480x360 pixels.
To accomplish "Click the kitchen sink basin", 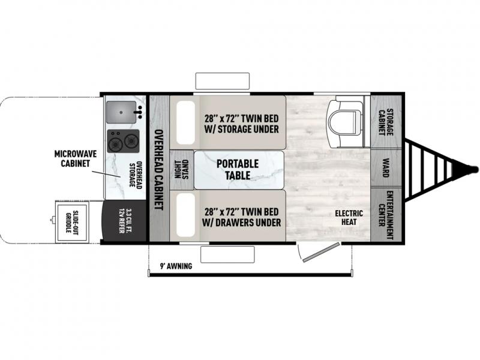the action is [x=121, y=112].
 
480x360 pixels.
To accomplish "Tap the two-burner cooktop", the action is [x=123, y=141].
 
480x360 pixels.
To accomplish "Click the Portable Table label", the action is [x=238, y=169].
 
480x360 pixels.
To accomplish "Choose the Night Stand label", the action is [x=182, y=169].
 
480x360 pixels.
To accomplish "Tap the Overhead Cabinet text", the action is [x=158, y=170].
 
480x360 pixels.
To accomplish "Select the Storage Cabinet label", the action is [x=386, y=122].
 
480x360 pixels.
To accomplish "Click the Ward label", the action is [x=386, y=167].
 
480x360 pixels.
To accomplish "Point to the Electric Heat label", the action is [x=349, y=217].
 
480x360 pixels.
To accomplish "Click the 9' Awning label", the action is [x=176, y=266].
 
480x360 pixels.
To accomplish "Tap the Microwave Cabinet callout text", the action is [x=76, y=158].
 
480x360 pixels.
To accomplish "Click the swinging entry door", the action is [x=322, y=252].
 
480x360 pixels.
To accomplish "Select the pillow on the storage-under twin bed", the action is [x=185, y=122].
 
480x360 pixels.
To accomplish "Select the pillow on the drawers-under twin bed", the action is [x=185, y=215].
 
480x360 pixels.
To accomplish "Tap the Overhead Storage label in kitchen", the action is [x=134, y=174].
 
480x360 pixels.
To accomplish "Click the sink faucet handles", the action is [x=139, y=112].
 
